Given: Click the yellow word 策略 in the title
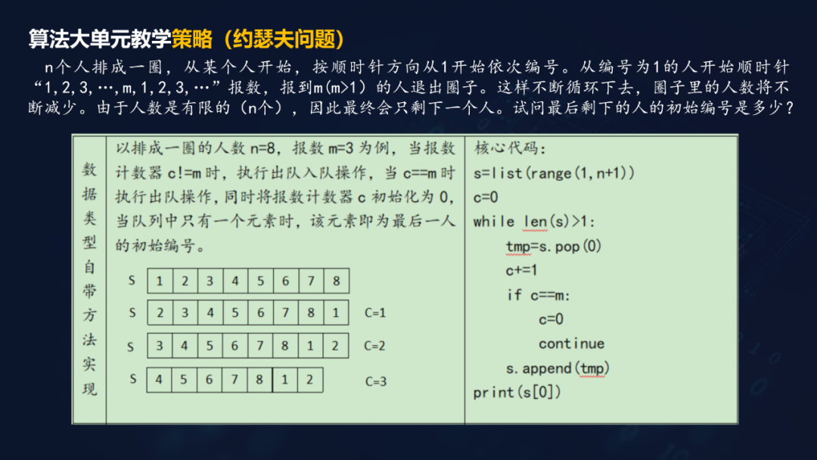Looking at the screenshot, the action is pos(192,39).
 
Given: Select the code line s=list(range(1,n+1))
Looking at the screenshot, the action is pos(554,173).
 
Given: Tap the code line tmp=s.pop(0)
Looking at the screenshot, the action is pos(553,246).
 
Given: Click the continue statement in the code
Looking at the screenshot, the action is pos(572,343).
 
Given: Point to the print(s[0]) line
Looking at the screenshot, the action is pos(517,392).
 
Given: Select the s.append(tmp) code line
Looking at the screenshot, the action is pos(558,368).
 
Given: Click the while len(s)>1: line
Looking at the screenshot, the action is pos(534,222).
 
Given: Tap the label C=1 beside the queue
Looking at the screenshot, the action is pos(375,312).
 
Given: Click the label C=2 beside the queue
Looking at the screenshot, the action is pos(374,346).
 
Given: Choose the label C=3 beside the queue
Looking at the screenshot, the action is pos(376,381).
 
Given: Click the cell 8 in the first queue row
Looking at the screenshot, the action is pos(337,281).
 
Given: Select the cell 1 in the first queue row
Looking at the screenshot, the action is pos(160,281).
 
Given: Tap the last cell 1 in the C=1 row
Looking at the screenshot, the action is pos(336,312).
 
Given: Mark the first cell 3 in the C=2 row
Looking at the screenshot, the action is pos(160,346).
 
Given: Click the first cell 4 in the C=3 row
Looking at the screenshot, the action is pos(159,380).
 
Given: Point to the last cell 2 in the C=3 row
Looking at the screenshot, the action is pos(310,380).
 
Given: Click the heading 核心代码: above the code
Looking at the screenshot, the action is pos(510,148).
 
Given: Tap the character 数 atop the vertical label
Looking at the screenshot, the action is pos(89,169).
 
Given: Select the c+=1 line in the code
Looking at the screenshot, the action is pos(521,270).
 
